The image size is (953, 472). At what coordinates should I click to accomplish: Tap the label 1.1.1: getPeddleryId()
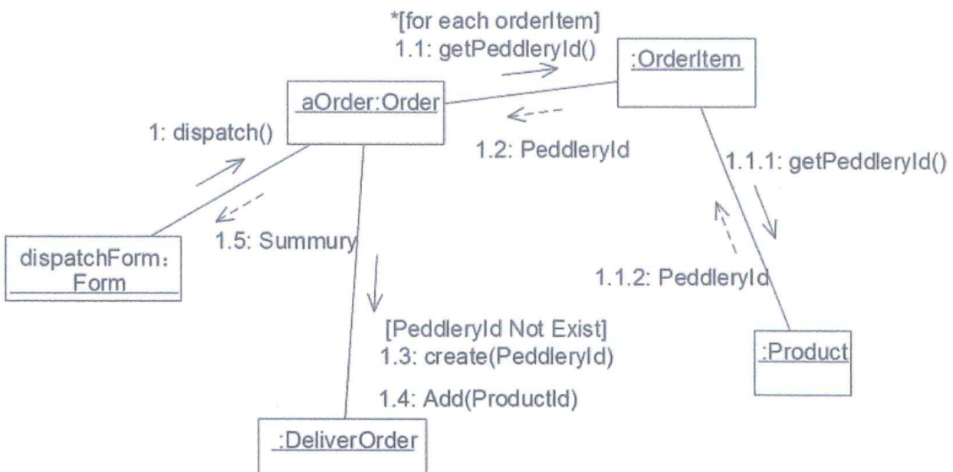(836, 163)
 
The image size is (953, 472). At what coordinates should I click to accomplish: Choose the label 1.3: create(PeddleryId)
(497, 356)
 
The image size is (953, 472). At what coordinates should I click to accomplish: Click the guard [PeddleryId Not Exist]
(495, 331)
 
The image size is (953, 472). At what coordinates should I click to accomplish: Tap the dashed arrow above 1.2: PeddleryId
(534, 116)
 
